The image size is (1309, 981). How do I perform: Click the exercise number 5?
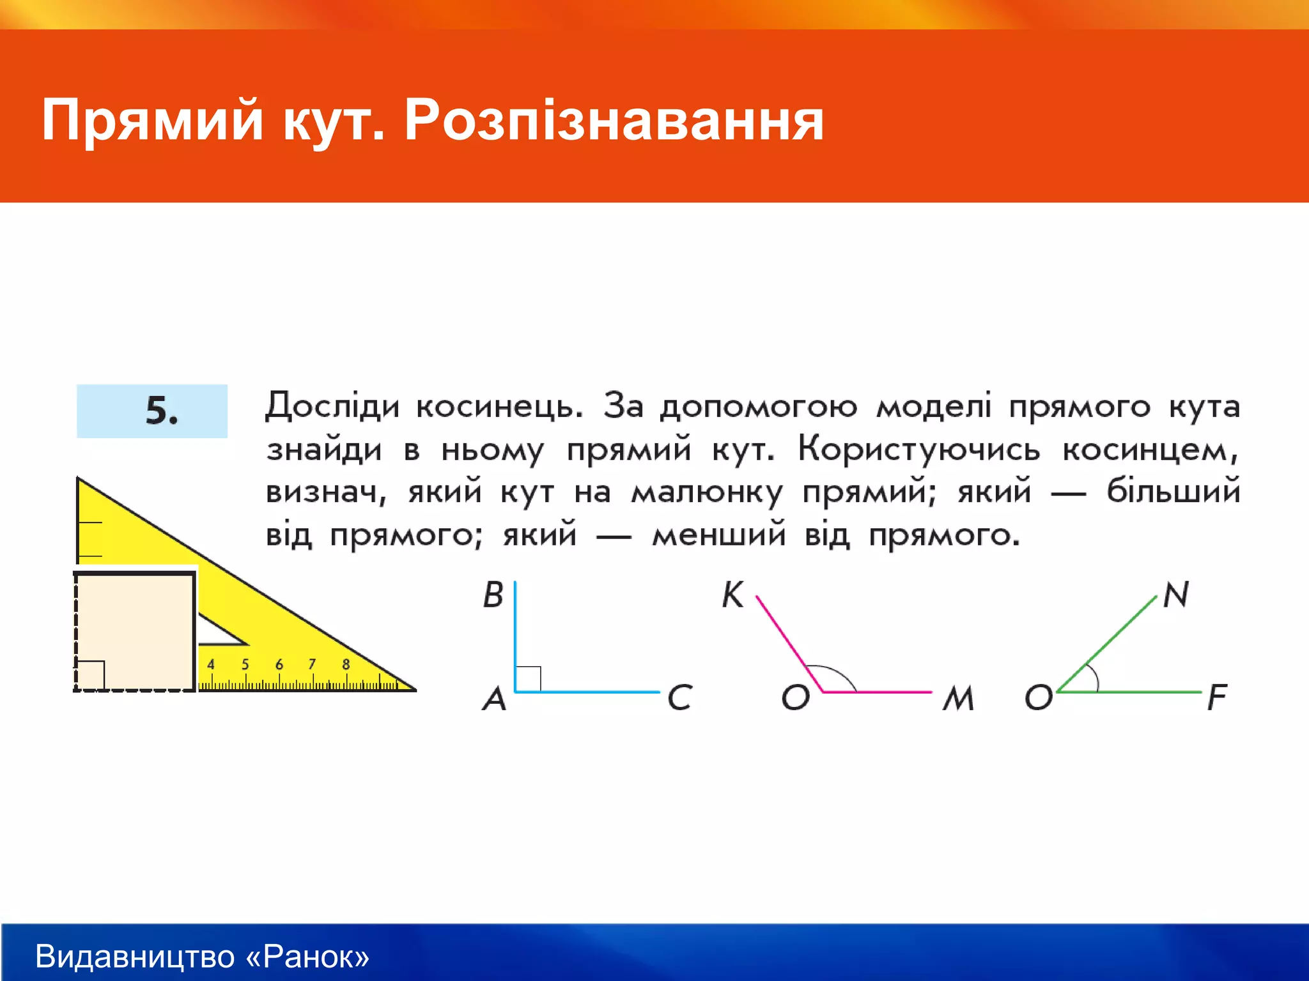click(161, 411)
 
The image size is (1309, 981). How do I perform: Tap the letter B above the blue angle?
click(493, 595)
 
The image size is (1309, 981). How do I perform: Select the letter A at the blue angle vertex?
click(494, 699)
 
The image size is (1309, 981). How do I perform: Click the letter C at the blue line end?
click(679, 697)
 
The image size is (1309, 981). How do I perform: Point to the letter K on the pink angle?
click(732, 595)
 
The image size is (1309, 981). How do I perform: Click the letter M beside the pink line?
click(959, 699)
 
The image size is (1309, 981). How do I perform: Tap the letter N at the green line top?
click(1176, 595)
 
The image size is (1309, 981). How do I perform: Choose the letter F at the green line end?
click(1216, 697)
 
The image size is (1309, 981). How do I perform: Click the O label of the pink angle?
click(796, 697)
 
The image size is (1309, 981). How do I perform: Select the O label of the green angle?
click(1039, 697)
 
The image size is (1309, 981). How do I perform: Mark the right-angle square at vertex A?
click(528, 679)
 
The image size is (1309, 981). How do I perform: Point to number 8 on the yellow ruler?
click(346, 664)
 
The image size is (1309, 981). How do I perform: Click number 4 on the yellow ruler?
click(211, 664)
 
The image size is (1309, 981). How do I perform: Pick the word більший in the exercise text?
click(1173, 491)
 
